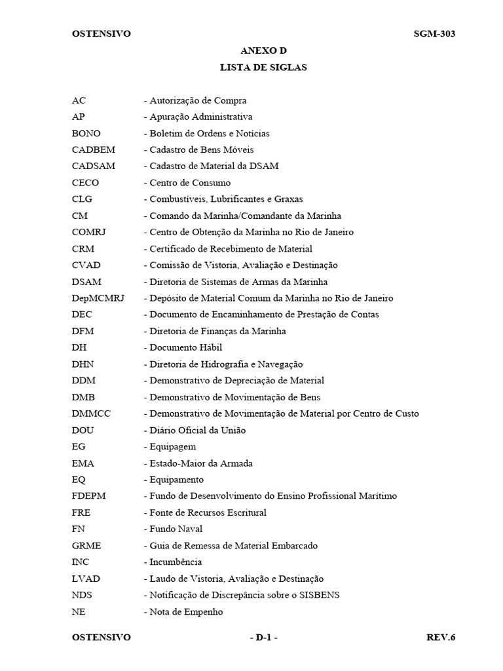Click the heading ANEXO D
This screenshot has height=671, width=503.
(264, 50)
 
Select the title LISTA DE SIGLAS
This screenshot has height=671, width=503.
(264, 67)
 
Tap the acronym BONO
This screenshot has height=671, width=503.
(86, 133)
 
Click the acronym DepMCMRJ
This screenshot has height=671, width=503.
(98, 298)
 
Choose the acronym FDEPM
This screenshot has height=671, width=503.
(89, 496)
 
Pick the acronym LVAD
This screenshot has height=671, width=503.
(86, 579)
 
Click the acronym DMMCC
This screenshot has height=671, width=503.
(91, 413)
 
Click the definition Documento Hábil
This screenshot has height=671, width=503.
(185, 347)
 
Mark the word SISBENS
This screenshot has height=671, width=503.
(317, 595)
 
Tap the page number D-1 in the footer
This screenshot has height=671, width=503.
(264, 637)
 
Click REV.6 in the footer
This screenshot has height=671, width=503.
(440, 637)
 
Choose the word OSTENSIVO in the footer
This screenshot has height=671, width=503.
(101, 637)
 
